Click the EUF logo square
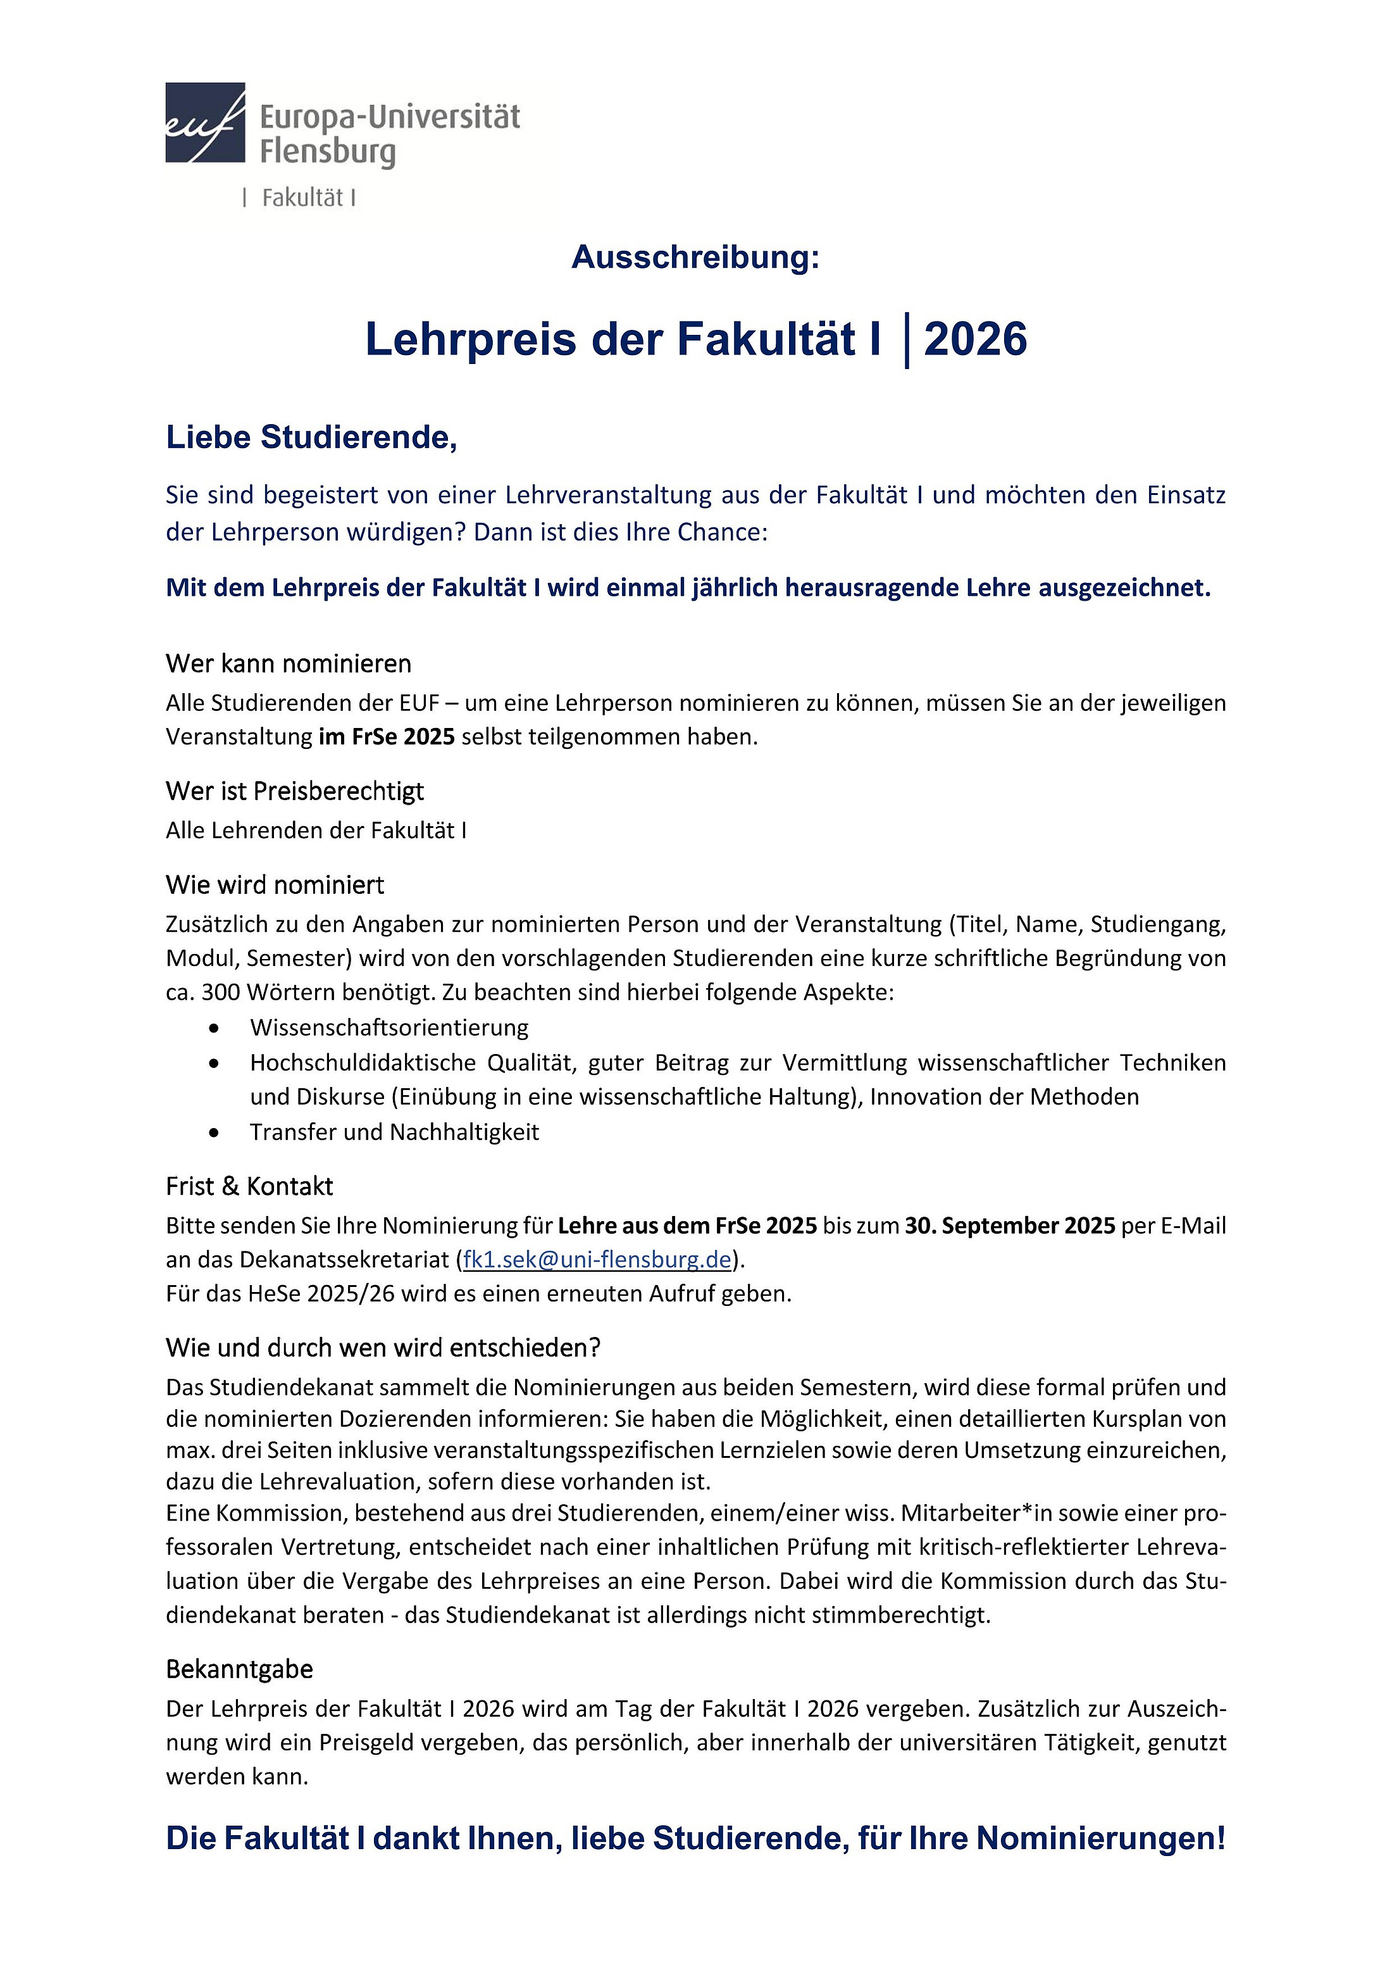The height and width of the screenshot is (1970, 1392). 205,123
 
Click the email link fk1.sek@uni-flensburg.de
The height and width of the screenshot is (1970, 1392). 597,1260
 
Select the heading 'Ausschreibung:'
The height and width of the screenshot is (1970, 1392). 695,256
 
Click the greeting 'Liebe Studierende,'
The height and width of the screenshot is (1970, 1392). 311,437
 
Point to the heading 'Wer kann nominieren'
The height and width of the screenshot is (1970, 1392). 288,663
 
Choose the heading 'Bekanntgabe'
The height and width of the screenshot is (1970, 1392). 239,1669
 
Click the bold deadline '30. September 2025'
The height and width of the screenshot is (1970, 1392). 1009,1226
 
